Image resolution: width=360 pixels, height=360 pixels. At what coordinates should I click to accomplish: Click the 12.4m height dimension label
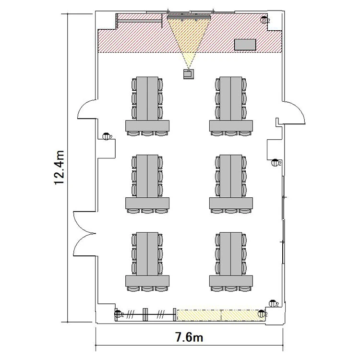(x=59, y=168)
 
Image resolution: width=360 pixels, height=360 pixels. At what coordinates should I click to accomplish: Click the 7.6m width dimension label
(x=189, y=337)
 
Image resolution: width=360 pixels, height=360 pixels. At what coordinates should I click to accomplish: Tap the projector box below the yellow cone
(x=189, y=74)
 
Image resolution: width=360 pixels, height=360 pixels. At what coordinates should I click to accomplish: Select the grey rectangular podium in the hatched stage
(x=245, y=45)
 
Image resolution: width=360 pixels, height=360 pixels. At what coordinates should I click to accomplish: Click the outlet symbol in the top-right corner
(x=264, y=20)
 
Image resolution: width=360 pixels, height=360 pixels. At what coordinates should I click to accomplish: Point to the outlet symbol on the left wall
(x=107, y=136)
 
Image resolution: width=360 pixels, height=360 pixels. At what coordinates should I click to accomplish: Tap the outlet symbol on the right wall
(x=276, y=163)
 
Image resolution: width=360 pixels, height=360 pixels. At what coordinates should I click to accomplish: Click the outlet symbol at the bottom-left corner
(x=119, y=314)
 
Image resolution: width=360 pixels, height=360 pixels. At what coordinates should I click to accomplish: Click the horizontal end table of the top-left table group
(x=147, y=126)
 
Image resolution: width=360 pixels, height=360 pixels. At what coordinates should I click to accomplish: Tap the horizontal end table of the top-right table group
(x=231, y=126)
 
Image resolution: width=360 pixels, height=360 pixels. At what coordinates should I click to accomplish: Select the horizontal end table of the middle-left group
(x=147, y=203)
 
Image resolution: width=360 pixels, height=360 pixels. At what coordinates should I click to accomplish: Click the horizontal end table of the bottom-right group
(x=231, y=281)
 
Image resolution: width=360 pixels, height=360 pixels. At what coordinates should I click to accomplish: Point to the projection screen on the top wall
(x=189, y=17)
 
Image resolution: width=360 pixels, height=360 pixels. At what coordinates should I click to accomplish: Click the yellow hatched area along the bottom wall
(x=221, y=315)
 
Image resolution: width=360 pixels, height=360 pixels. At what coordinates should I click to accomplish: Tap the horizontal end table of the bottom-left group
(x=147, y=281)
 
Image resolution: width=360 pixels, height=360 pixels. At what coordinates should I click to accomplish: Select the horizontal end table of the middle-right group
(x=231, y=203)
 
